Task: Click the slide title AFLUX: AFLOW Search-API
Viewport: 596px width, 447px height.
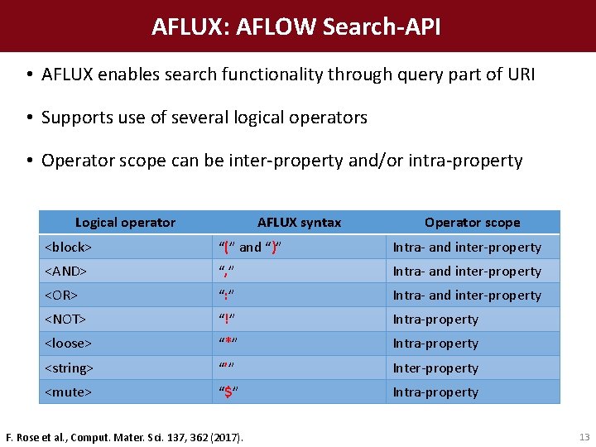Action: click(296, 26)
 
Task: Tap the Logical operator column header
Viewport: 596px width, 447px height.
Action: click(125, 222)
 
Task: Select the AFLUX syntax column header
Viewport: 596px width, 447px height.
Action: click(299, 222)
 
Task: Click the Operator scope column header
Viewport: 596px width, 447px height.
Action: click(472, 222)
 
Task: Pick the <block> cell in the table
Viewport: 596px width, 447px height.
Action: click(68, 247)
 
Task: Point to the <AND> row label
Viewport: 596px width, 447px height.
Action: click(65, 271)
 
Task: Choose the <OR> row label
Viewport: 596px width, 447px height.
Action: click(61, 295)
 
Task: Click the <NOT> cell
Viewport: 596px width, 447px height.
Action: click(65, 319)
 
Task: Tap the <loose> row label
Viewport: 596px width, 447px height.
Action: click(68, 343)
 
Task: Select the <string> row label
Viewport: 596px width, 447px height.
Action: click(69, 368)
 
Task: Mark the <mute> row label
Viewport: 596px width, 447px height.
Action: click(67, 392)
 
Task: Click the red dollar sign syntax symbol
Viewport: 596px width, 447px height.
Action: click(228, 392)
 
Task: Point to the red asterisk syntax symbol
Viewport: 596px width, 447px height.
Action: click(228, 343)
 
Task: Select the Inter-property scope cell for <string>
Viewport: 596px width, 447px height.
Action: click(435, 368)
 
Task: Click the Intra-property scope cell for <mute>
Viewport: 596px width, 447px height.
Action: click(435, 392)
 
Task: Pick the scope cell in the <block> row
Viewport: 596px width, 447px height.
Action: click(467, 247)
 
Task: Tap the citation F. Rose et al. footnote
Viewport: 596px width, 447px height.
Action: click(125, 436)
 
